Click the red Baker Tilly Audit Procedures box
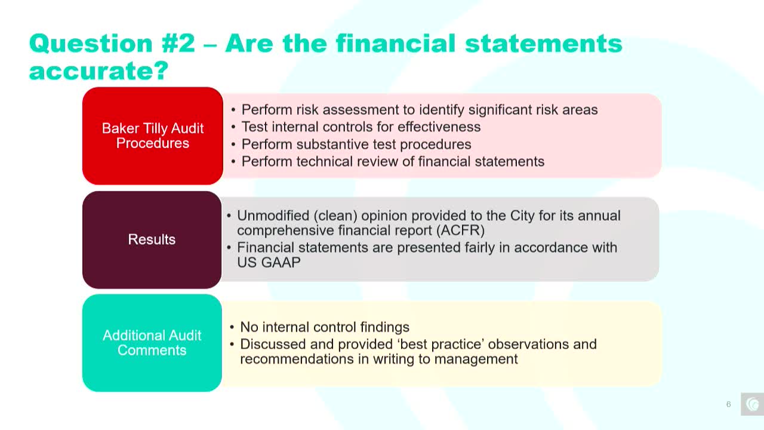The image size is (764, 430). point(152,136)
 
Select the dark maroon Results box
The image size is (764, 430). point(152,239)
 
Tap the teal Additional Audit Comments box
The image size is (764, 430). point(152,343)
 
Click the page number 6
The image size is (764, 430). point(729,404)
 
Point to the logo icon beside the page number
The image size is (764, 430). point(753,404)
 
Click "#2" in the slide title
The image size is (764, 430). point(178,44)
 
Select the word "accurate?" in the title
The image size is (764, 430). point(99,71)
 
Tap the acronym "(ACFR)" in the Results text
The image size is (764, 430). point(460,231)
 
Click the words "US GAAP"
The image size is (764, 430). point(269,262)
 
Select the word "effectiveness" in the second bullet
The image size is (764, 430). point(439,127)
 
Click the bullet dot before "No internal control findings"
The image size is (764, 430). point(232,328)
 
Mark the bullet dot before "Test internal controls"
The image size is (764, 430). point(233,127)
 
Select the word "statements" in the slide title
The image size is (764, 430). point(544,44)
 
